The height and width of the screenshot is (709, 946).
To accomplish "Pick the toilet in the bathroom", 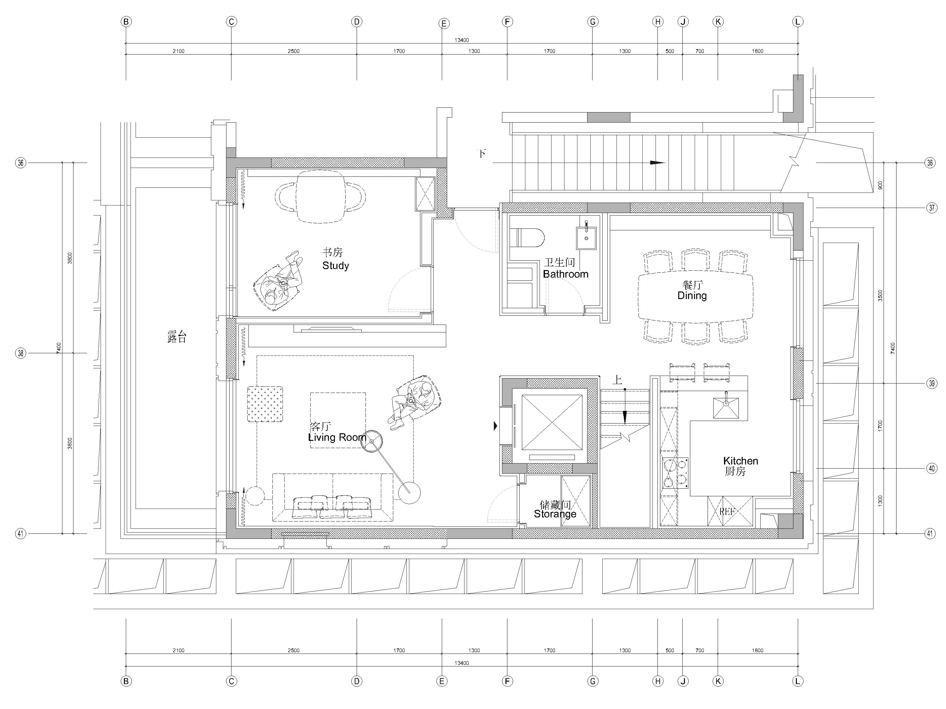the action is pyautogui.click(x=527, y=238).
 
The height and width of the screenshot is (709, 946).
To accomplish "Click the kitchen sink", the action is pyautogui.click(x=726, y=408).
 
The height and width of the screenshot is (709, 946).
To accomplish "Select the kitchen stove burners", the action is pyautogui.click(x=675, y=473).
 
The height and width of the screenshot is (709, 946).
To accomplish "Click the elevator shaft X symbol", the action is pyautogui.click(x=552, y=423).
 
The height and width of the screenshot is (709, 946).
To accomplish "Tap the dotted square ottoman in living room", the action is pyautogui.click(x=265, y=404).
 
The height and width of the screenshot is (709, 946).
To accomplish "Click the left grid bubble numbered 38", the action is pyautogui.click(x=20, y=353).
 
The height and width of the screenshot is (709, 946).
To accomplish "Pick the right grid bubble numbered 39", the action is pyautogui.click(x=932, y=383).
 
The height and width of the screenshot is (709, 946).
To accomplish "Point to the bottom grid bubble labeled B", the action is pyautogui.click(x=126, y=681).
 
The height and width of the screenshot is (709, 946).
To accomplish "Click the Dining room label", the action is pyautogui.click(x=692, y=290).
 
